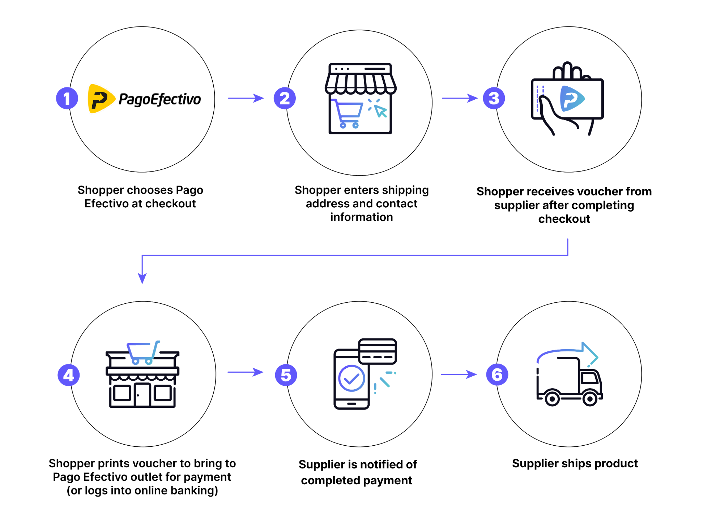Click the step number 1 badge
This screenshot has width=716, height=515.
67,98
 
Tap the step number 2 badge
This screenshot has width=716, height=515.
285,98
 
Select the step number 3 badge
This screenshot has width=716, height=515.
494,98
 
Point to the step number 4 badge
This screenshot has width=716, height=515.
69,375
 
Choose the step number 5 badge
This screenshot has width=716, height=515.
286,375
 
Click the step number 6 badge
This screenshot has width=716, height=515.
497,375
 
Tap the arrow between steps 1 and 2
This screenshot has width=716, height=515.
246,98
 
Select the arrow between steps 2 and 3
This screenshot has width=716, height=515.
460,98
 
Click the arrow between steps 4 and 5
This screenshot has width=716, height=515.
245,372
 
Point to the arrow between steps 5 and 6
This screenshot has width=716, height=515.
459,375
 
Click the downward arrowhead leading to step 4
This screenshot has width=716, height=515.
142,278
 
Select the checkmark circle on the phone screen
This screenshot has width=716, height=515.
351,378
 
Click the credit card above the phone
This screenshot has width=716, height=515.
378,351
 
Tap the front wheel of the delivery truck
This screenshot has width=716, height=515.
590,399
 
